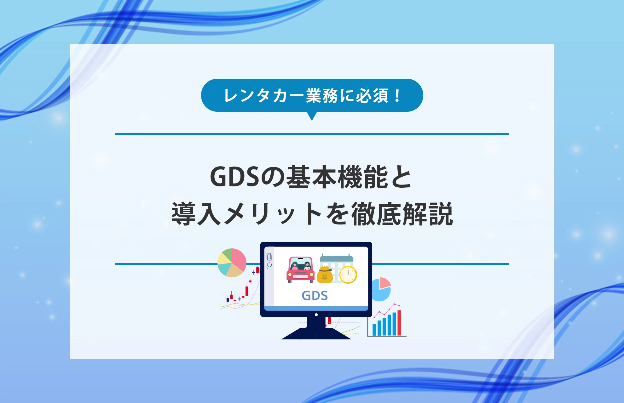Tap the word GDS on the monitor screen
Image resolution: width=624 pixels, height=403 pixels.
coord(315,295)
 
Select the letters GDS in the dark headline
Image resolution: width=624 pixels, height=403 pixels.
coord(235,177)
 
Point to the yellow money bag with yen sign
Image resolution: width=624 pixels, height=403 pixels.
coord(325,275)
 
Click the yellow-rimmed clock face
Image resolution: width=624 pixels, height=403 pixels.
coord(348,275)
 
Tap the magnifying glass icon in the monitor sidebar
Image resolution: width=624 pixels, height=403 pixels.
coord(269,265)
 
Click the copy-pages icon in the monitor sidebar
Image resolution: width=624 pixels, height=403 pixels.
coord(269,256)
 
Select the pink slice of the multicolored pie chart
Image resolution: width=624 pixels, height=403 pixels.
coord(239,259)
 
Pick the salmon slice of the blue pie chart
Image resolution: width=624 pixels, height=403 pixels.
coord(384,282)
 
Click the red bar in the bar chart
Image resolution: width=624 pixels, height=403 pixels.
coord(399,323)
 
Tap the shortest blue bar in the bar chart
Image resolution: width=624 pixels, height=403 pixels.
coord(374,330)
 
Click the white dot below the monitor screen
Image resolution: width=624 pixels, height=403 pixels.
coord(316,315)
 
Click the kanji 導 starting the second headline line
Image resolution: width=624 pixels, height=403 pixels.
coord(183,214)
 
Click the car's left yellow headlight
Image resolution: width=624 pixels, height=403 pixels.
coord(290,275)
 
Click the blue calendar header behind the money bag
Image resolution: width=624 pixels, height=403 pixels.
coord(337,259)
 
